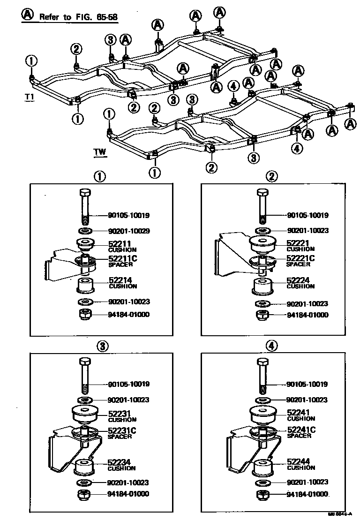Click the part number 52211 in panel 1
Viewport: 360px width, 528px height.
[x=119, y=244]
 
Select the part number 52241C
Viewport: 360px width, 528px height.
[x=300, y=430]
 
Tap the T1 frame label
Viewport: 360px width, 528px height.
[x=30, y=97]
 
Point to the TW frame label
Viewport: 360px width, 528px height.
[x=99, y=152]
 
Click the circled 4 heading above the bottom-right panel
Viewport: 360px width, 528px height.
[x=272, y=346]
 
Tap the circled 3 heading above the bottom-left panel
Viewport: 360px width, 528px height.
[x=102, y=346]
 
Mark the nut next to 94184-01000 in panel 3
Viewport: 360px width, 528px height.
[x=85, y=494]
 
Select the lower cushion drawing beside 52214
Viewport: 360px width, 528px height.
[x=85, y=285]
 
